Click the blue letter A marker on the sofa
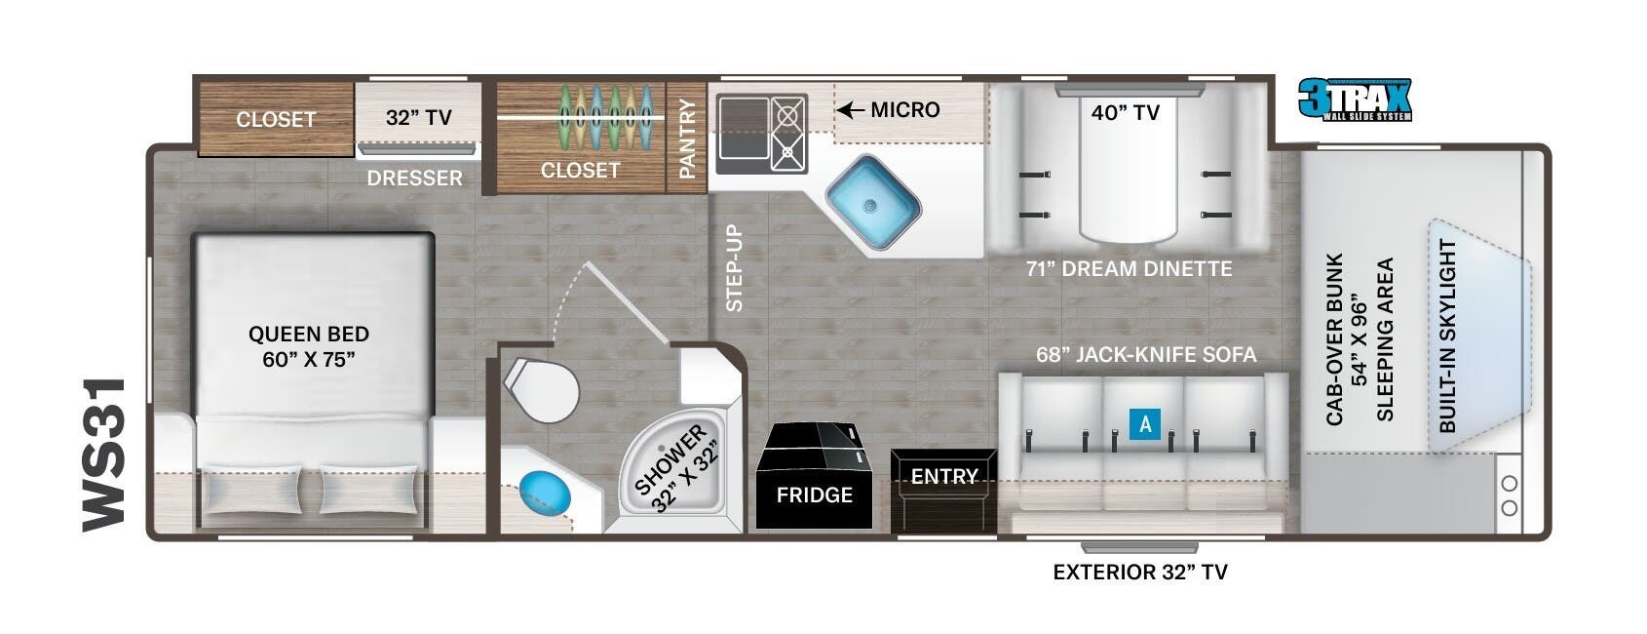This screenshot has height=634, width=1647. [x=1145, y=424]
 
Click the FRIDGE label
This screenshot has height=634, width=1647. [x=814, y=495]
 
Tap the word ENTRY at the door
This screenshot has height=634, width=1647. [x=943, y=477]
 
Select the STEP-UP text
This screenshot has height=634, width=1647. [x=735, y=268]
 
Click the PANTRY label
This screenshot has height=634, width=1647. [x=687, y=139]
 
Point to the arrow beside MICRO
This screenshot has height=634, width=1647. [x=852, y=110]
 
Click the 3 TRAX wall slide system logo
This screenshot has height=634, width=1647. [x=1354, y=100]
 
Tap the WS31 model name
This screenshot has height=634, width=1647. [x=103, y=456]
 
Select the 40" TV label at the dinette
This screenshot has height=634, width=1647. [x=1126, y=113]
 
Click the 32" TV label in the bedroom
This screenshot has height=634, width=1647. [x=418, y=118]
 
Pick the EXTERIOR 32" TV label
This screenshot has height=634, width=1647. [x=1139, y=573]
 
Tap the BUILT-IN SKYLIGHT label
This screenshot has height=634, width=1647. [x=1447, y=336]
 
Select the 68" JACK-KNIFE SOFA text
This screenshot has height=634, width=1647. [x=1145, y=355]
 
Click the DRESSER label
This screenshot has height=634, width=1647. [x=414, y=178]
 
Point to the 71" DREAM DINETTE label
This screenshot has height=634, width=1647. [x=1129, y=269]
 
